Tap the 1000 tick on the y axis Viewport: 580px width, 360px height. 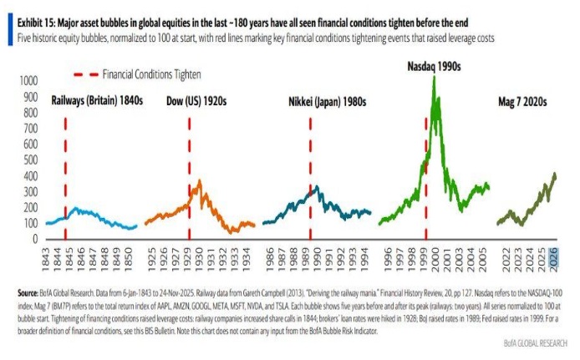[28, 81]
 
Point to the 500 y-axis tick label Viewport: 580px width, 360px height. [31, 160]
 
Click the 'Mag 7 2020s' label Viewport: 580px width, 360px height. [521, 101]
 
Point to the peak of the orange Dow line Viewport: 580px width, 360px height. [198, 180]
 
